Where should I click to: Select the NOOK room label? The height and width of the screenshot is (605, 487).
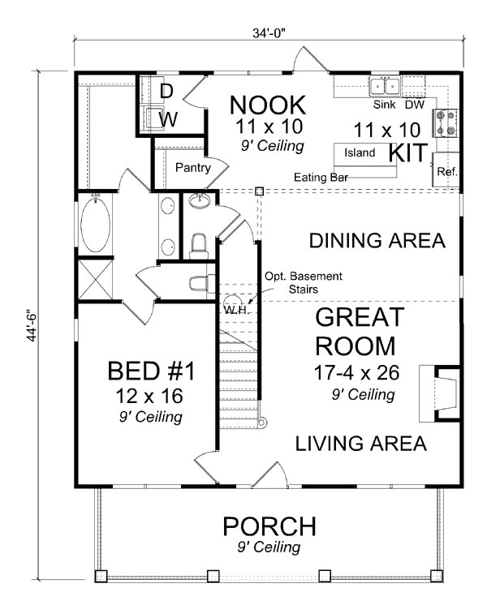click(267, 105)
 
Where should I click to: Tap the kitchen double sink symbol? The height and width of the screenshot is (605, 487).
click(385, 86)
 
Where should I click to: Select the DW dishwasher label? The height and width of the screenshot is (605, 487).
click(414, 105)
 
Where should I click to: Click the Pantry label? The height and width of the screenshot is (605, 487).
click(193, 169)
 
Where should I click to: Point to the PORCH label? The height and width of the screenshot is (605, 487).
click(269, 526)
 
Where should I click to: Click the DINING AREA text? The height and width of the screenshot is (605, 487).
click(377, 241)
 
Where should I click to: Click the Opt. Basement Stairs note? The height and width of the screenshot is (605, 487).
click(303, 282)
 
